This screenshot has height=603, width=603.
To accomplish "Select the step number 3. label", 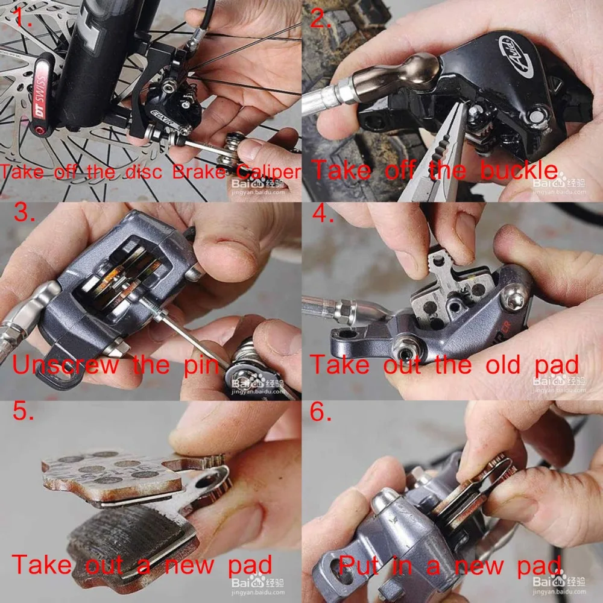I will point(24,213).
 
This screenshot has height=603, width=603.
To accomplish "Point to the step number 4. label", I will point(323,214).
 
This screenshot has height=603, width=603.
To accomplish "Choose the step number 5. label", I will point(24,414).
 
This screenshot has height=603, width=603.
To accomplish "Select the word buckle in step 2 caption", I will point(519,171).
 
